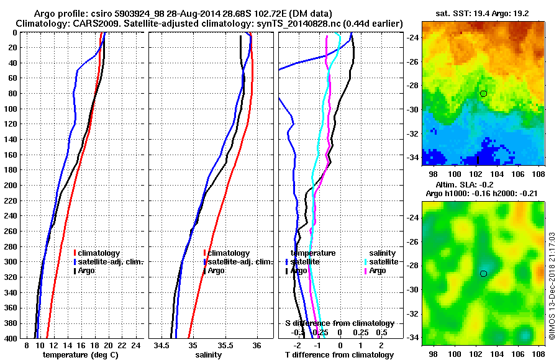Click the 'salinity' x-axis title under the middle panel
point(208,355)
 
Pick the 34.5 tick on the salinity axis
point(162,345)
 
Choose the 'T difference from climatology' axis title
point(339,355)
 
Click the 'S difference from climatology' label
point(339,323)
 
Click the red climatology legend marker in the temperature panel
point(75,253)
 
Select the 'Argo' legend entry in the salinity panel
point(216,271)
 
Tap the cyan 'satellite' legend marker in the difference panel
point(365,262)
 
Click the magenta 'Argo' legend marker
point(365,271)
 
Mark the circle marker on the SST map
point(483,93)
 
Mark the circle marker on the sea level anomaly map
point(483,273)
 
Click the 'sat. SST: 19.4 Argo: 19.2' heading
point(485,13)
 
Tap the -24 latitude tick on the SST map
point(414,37)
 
